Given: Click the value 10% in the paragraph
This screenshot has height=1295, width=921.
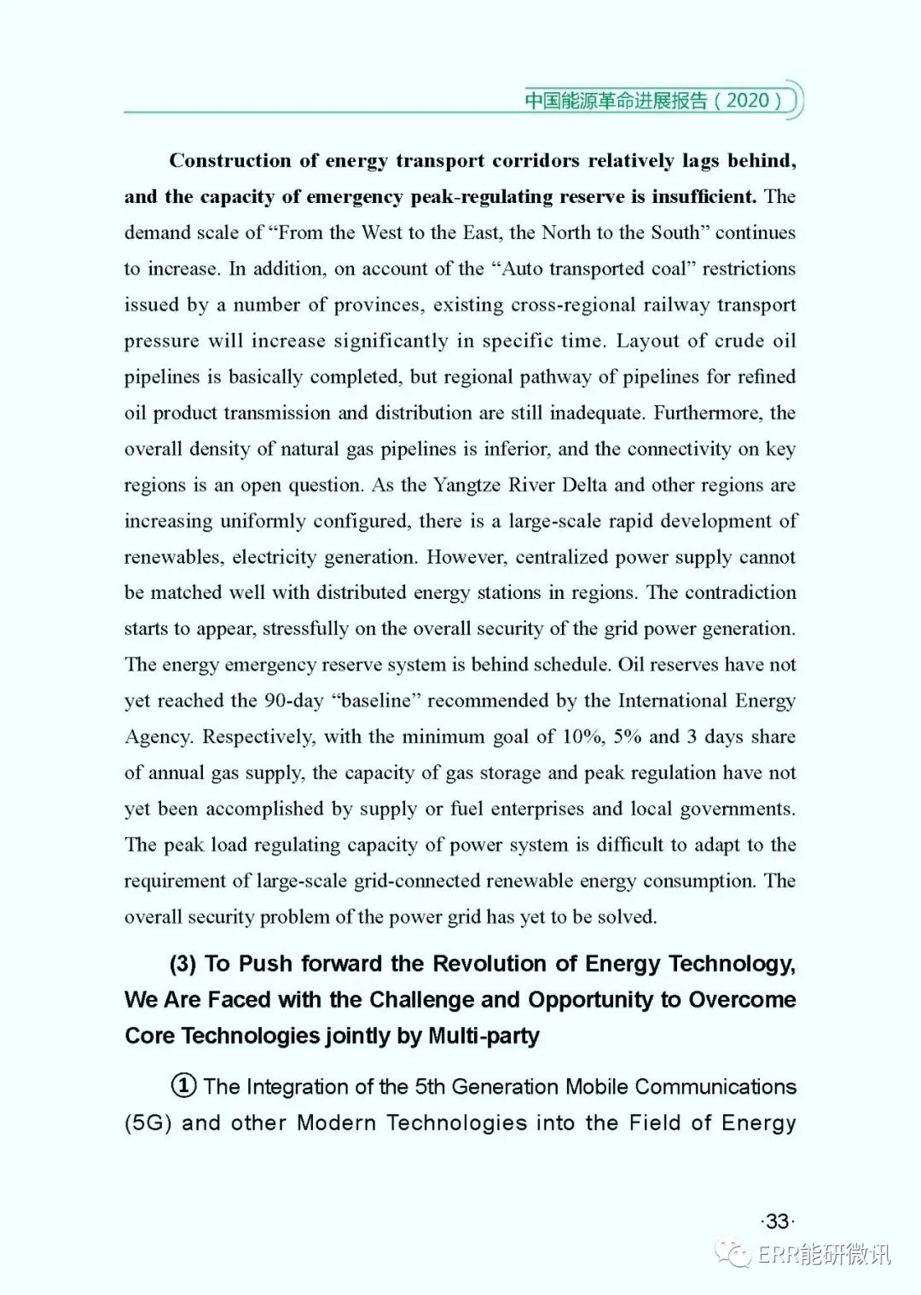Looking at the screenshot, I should click(582, 736).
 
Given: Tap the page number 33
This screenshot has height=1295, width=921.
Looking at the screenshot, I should click(777, 1221).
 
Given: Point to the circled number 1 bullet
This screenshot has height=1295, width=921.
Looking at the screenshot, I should click(183, 1086).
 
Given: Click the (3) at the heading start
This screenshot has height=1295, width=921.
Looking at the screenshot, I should click(183, 964).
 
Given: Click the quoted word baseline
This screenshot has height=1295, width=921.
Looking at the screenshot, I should click(376, 700).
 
